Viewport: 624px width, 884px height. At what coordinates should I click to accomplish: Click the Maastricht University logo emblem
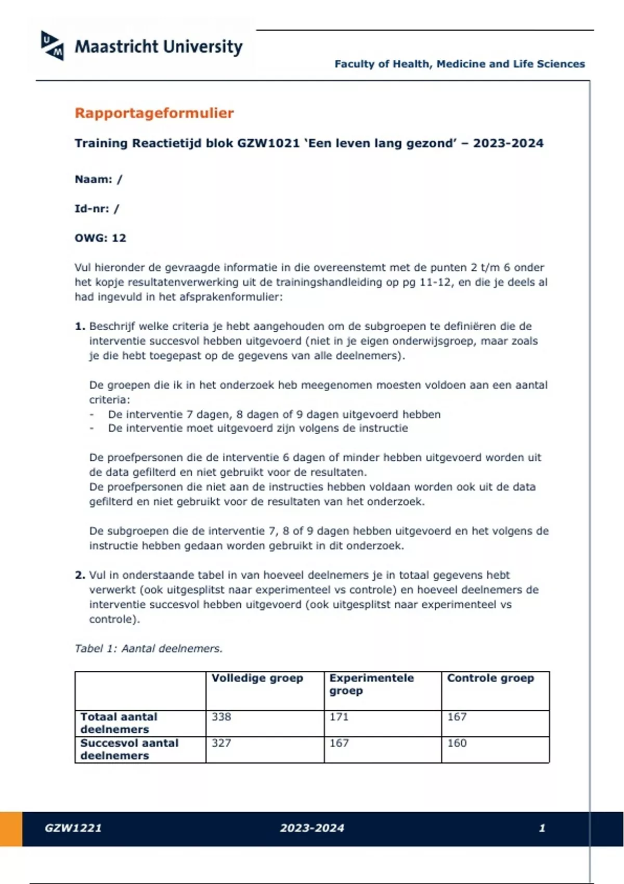pyautogui.click(x=53, y=46)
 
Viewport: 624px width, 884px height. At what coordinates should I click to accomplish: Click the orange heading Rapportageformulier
pyautogui.click(x=154, y=113)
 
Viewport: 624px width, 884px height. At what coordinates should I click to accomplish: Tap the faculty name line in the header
pyautogui.click(x=459, y=64)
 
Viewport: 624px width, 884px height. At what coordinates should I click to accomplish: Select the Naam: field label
pyautogui.click(x=94, y=179)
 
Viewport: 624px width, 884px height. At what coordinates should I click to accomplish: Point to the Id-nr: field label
pyautogui.click(x=92, y=209)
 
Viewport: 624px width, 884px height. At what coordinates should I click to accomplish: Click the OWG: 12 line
pyautogui.click(x=100, y=238)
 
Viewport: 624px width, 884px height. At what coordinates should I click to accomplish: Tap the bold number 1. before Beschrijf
pyautogui.click(x=80, y=327)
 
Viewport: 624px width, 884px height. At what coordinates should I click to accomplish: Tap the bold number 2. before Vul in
pyautogui.click(x=80, y=575)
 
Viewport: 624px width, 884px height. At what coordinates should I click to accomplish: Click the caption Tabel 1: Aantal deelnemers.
pyautogui.click(x=148, y=648)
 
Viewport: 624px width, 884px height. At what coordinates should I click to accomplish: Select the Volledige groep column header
pyautogui.click(x=257, y=678)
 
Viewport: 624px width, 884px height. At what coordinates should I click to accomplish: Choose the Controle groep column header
pyautogui.click(x=490, y=678)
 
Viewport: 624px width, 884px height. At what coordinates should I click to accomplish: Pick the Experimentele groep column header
pyautogui.click(x=371, y=684)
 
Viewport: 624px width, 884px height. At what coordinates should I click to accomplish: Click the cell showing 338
pyautogui.click(x=222, y=717)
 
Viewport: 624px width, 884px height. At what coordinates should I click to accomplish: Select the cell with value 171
pyautogui.click(x=339, y=717)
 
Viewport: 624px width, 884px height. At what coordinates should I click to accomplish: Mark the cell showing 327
pyautogui.click(x=222, y=743)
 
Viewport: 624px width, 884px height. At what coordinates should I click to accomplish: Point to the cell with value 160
pyautogui.click(x=457, y=743)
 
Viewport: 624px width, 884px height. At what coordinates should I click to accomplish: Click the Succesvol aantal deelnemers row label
pyautogui.click(x=129, y=749)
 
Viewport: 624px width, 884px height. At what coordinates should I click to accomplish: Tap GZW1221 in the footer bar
pyautogui.click(x=73, y=828)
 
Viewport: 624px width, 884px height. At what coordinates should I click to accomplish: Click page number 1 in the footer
pyautogui.click(x=542, y=828)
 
